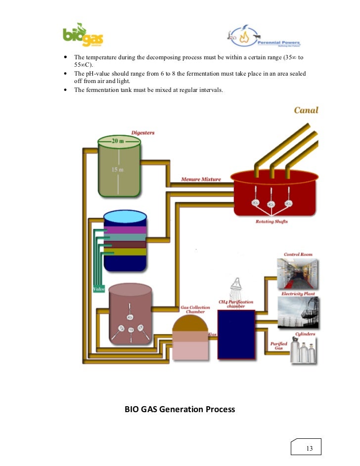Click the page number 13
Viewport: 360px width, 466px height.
(310, 448)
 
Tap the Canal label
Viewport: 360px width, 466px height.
(306, 110)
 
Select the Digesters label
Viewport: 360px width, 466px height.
(143, 132)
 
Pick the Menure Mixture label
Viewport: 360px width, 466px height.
(201, 179)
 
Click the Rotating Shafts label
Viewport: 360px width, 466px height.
(271, 221)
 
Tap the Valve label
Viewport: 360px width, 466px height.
(98, 288)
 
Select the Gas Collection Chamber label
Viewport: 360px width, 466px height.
(195, 310)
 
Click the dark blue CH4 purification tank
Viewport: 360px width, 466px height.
(236, 335)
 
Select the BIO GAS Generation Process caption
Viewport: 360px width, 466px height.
(180, 409)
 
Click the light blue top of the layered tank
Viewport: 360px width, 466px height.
(125, 217)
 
